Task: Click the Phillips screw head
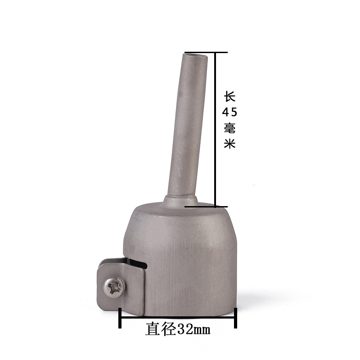click(x=114, y=288)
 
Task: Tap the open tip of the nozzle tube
click(x=196, y=55)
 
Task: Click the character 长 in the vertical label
click(x=230, y=97)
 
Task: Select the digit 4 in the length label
click(x=225, y=112)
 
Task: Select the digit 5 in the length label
click(x=234, y=112)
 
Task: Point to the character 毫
click(x=230, y=128)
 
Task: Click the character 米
click(x=230, y=144)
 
